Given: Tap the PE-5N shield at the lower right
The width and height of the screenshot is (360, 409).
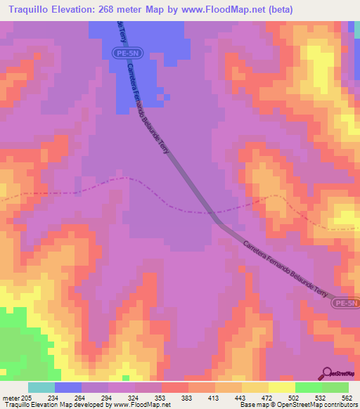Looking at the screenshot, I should [x=346, y=303].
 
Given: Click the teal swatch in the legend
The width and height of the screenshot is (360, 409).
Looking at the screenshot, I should [x=41, y=387].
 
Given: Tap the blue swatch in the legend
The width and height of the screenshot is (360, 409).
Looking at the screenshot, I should [x=68, y=387].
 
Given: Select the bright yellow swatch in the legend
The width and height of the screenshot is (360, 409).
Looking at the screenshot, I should [x=282, y=387].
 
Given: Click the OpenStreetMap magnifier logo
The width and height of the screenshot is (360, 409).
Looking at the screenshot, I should [x=327, y=373].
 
